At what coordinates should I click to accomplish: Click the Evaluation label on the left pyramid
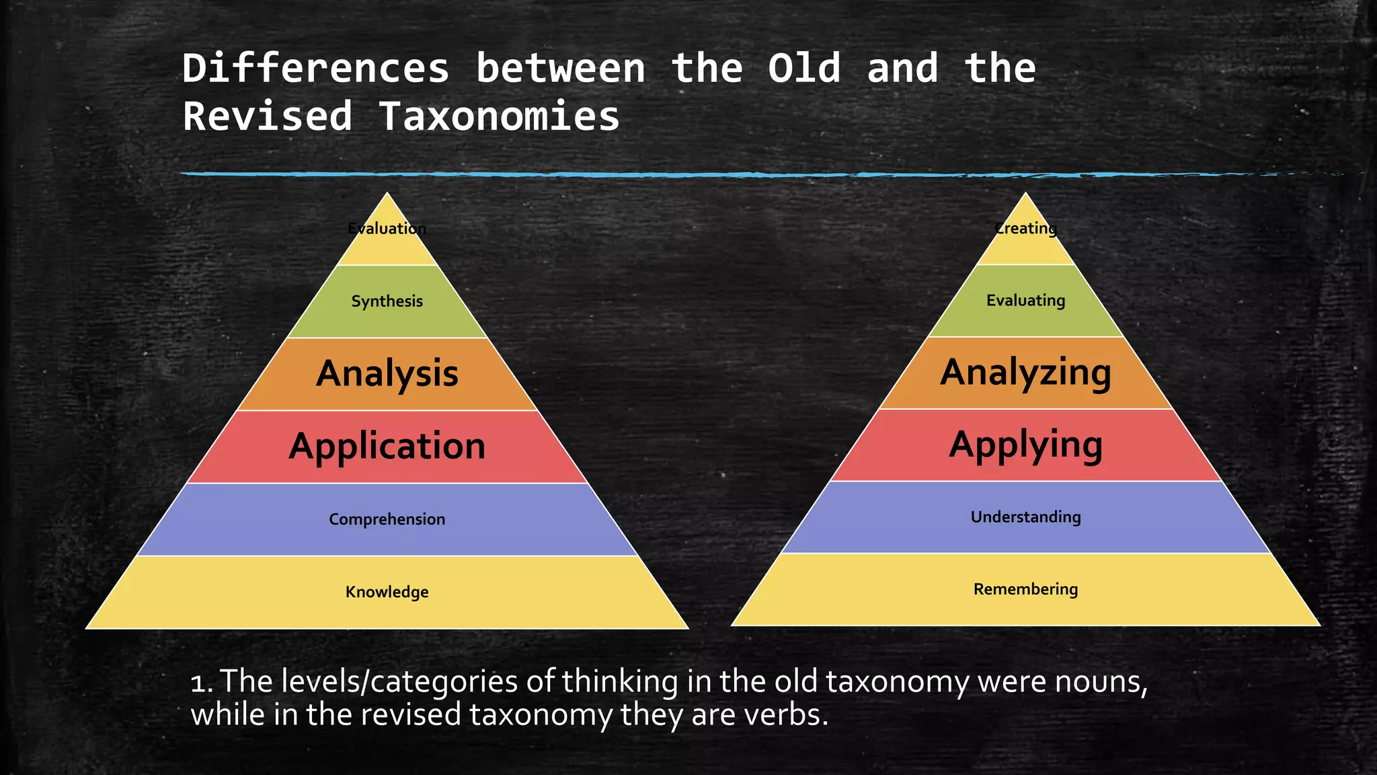tap(387, 229)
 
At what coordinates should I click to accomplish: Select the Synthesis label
tap(387, 301)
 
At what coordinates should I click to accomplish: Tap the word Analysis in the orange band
tap(387, 374)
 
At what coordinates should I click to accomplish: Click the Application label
tap(387, 447)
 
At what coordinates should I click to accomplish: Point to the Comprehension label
tap(387, 519)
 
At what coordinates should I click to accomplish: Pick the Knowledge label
tap(387, 592)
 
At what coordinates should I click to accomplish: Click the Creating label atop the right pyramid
tap(1025, 229)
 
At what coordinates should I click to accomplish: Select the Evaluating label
tap(1025, 301)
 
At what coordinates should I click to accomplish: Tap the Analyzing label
tap(1025, 373)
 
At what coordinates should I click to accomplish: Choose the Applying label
tap(1025, 445)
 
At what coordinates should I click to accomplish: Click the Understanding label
tap(1025, 517)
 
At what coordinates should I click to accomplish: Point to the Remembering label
tap(1025, 589)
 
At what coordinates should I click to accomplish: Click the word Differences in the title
tap(315, 69)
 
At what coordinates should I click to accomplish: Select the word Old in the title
tap(804, 69)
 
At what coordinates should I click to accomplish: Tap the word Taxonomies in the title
tap(498, 116)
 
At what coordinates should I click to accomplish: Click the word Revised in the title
tap(268, 116)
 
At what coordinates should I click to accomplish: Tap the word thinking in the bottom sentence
tap(620, 682)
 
